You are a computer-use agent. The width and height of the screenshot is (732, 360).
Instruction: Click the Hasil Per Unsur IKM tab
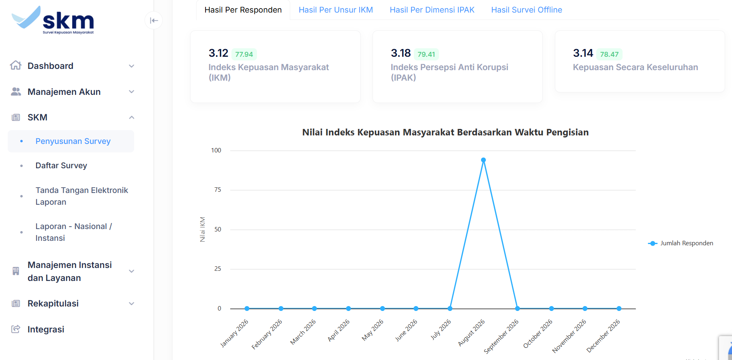pos(336,10)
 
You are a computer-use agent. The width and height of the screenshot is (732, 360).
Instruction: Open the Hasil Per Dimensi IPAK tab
pos(432,10)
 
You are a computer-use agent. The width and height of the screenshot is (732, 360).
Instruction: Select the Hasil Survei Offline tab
pos(527,10)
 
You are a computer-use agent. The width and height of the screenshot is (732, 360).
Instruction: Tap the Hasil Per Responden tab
pos(243,10)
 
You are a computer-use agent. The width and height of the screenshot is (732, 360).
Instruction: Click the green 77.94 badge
pos(244,54)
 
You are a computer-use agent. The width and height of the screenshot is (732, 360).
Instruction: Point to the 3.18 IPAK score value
pos(401,53)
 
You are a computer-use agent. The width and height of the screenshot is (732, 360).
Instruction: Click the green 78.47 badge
pos(609,54)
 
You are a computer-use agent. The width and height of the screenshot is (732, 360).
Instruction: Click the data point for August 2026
pos(484,160)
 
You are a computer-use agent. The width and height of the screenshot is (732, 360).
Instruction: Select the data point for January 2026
pos(247,309)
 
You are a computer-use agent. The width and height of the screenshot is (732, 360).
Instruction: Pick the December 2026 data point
pos(619,309)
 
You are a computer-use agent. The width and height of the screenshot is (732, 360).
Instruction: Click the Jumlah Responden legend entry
pos(681,243)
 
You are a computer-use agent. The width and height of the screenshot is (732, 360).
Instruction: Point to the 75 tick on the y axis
pos(218,190)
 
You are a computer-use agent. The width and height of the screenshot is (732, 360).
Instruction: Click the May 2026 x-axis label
pos(373,330)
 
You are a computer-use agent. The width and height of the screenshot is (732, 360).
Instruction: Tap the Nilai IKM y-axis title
pos(203,229)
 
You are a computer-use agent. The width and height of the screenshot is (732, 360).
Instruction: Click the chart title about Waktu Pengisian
pos(445,132)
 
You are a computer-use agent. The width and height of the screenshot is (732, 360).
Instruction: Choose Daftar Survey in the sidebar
pos(61,165)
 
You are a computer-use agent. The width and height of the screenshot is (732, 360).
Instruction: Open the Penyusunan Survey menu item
pos(73,141)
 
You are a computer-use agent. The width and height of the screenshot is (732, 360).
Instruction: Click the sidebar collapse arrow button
pos(154,21)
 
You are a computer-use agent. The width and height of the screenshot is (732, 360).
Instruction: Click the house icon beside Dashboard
pos(16,65)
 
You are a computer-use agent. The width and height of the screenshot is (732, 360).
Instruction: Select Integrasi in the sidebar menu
pos(46,329)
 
